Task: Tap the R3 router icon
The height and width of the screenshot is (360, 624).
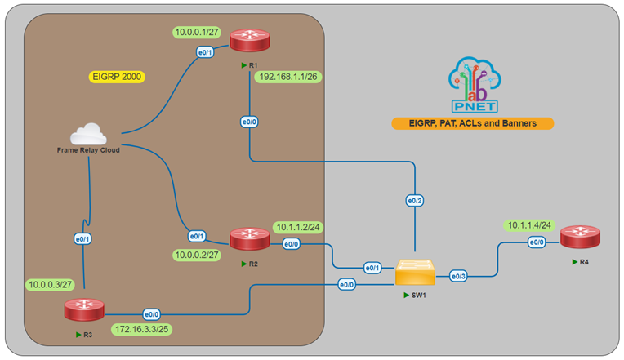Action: (x=83, y=310)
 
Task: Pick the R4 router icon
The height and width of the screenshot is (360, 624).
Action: (x=579, y=238)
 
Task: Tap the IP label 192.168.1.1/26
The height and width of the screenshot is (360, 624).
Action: (x=288, y=77)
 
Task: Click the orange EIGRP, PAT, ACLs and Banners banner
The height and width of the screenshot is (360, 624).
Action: (x=472, y=123)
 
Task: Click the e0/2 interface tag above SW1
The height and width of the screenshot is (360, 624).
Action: (x=416, y=200)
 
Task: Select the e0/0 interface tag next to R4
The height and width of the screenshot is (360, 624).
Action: (x=536, y=242)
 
